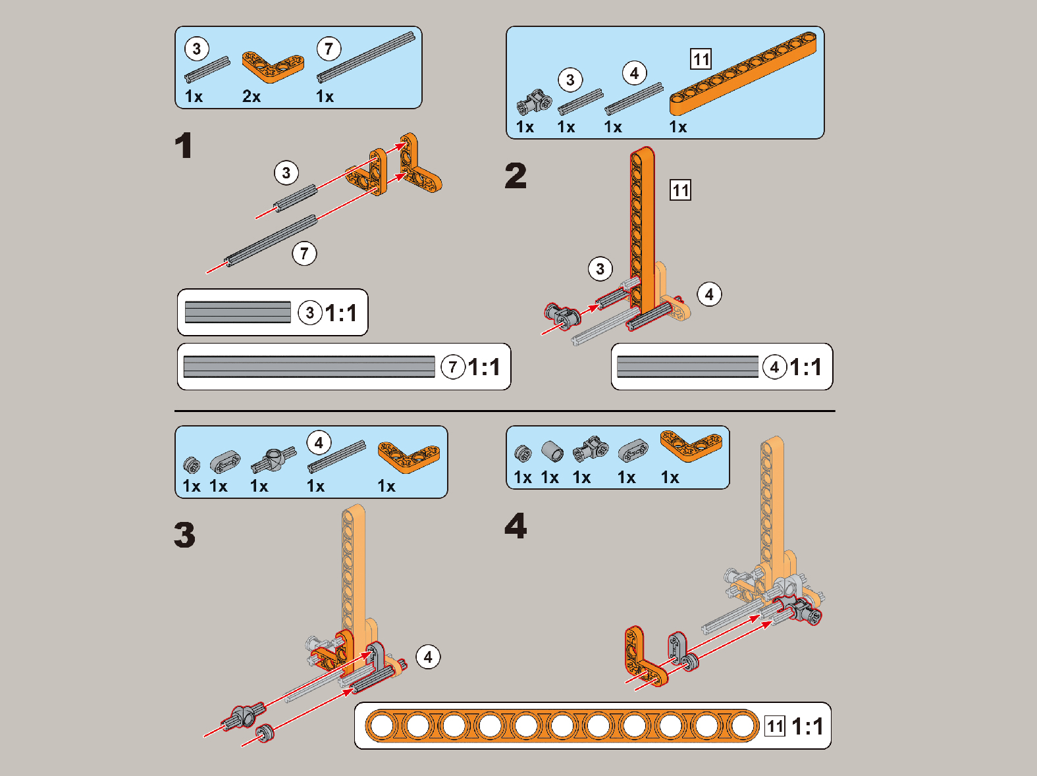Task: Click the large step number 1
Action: pyautogui.click(x=184, y=145)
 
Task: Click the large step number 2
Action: pyautogui.click(x=516, y=176)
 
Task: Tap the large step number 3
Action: pyautogui.click(x=185, y=534)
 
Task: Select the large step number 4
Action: pyautogui.click(x=516, y=526)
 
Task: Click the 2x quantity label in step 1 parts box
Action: pyautogui.click(x=252, y=97)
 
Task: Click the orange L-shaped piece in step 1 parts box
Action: pyautogui.click(x=272, y=66)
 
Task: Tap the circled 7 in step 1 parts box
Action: pyautogui.click(x=329, y=48)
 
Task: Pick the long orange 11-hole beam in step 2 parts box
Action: pyautogui.click(x=742, y=73)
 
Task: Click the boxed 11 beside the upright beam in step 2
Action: pyautogui.click(x=680, y=190)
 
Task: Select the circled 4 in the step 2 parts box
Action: pyautogui.click(x=634, y=73)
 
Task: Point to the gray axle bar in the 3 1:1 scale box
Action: pyautogui.click(x=238, y=312)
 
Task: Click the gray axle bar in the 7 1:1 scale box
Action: pyautogui.click(x=309, y=367)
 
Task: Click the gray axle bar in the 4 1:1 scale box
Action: pyautogui.click(x=687, y=367)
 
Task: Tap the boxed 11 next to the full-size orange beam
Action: pyautogui.click(x=775, y=726)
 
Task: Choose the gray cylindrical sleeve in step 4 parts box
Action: pyautogui.click(x=552, y=452)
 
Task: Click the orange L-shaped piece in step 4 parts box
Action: pyautogui.click(x=691, y=446)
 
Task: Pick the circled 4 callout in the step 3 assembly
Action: pyautogui.click(x=428, y=656)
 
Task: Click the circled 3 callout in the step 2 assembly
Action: pyautogui.click(x=600, y=269)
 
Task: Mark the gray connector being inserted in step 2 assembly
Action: pyautogui.click(x=562, y=317)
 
